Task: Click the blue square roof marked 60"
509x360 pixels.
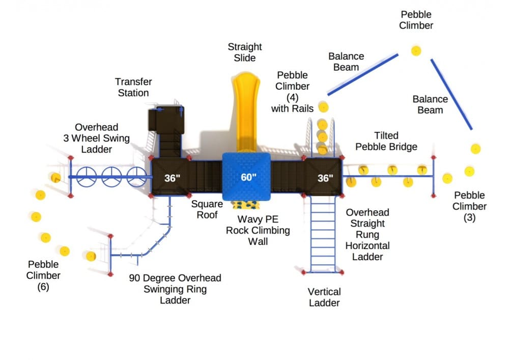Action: pyautogui.click(x=246, y=177)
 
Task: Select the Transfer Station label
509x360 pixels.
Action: pyautogui.click(x=133, y=87)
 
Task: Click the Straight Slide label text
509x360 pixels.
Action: pyautogui.click(x=245, y=52)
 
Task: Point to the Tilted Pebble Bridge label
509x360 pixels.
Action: pyautogui.click(x=386, y=141)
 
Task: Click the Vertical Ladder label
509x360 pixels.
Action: pyautogui.click(x=324, y=297)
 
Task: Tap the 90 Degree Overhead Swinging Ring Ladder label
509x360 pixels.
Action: pyautogui.click(x=175, y=289)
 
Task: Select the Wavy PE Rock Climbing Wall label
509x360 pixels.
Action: pyautogui.click(x=258, y=230)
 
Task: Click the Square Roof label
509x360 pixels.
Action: pyautogui.click(x=207, y=209)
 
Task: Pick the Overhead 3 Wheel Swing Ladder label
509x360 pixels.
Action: pyautogui.click(x=96, y=138)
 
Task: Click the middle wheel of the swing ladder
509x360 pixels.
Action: pyautogui.click(x=111, y=177)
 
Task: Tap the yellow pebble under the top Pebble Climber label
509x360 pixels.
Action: pyautogui.click(x=416, y=51)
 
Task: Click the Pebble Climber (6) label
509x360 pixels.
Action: pyautogui.click(x=43, y=275)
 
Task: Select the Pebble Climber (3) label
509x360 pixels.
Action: pyautogui.click(x=469, y=206)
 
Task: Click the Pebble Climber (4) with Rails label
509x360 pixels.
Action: pyautogui.click(x=293, y=92)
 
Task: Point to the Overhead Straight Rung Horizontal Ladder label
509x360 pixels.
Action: pyautogui.click(x=367, y=234)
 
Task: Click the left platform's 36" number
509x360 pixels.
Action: pyautogui.click(x=172, y=178)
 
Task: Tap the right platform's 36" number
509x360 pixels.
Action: pyautogui.click(x=325, y=178)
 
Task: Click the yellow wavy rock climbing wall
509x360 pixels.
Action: pyautogui.click(x=246, y=205)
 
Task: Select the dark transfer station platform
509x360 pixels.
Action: pyautogui.click(x=166, y=120)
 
